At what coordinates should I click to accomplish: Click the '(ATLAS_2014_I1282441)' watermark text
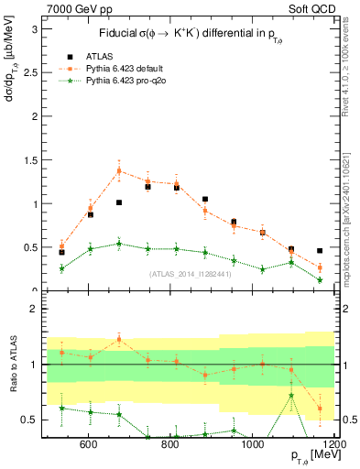[189, 273]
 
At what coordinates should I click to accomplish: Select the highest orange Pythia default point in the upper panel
[119, 171]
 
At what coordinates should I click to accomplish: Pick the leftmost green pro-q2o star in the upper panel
[61, 268]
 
